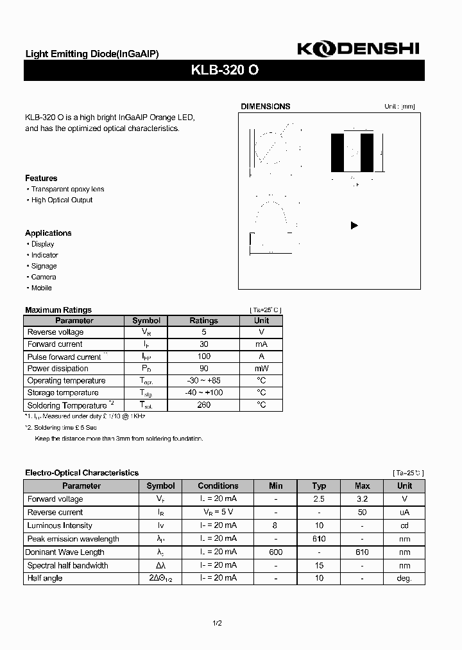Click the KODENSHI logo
point(360,49)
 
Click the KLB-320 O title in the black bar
point(225,71)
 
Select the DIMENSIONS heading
point(265,107)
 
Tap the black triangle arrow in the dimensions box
point(354,225)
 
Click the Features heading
point(41,178)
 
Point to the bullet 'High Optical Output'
point(62,200)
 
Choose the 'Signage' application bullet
point(44,266)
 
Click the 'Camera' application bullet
point(43,277)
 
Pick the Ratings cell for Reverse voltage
point(203,332)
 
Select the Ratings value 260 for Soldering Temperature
point(203,405)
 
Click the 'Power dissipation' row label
point(58,369)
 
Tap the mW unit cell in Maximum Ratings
point(261,369)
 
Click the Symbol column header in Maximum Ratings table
point(146,321)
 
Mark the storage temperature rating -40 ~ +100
point(203,392)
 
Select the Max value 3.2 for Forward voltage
point(363,499)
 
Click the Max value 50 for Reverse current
point(363,513)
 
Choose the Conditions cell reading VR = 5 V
point(218,513)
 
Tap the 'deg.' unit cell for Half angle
point(404,579)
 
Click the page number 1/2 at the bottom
point(218,623)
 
